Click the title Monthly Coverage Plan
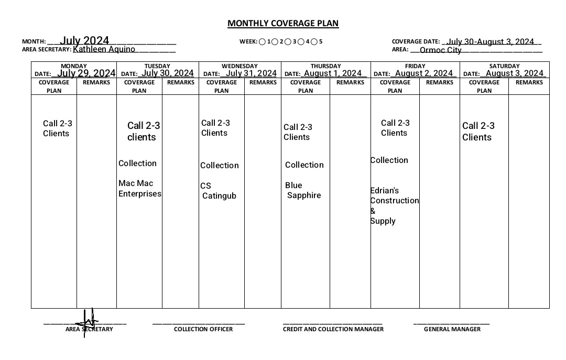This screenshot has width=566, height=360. click(283, 23)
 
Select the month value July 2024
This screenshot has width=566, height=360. click(84, 41)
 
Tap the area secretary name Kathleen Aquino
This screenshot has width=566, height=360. click(104, 49)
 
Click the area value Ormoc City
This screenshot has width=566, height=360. click(440, 50)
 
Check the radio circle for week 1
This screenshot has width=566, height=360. click(262, 41)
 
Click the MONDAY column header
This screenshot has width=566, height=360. click(74, 66)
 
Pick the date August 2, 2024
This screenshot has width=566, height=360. click(424, 73)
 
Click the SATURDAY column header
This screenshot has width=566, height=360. click(504, 66)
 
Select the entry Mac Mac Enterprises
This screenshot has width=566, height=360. click(139, 189)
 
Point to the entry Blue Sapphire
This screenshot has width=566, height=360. click(303, 190)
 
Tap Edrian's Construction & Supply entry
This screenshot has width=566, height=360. click(394, 205)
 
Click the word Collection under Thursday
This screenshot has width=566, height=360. click(304, 165)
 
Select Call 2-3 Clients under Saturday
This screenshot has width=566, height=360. click(477, 132)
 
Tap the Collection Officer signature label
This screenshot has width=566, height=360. click(203, 329)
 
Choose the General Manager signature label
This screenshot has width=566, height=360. click(452, 329)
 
